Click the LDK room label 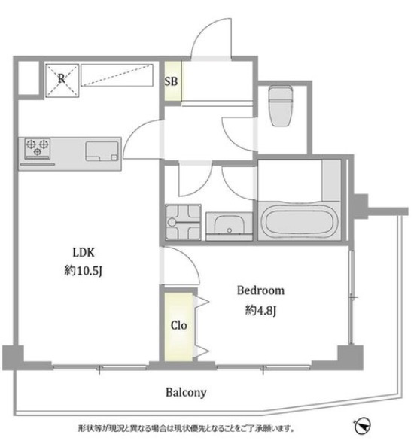pyautogui.click(x=84, y=252)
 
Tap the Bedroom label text pyautogui.click(x=260, y=290)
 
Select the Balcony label pyautogui.click(x=186, y=393)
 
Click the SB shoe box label pyautogui.click(x=171, y=81)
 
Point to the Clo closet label pyautogui.click(x=178, y=325)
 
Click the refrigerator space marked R pyautogui.click(x=62, y=81)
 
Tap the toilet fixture pyautogui.click(x=281, y=105)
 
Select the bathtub pyautogui.click(x=300, y=221)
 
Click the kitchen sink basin pyautogui.click(x=102, y=151)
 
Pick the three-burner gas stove pyautogui.click(x=38, y=148)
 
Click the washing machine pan pyautogui.click(x=184, y=222)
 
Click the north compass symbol pyautogui.click(x=362, y=425)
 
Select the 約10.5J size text pyautogui.click(x=83, y=271)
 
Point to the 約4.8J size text pyautogui.click(x=260, y=311)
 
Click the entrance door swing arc pyautogui.click(x=211, y=37)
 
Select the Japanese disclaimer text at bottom pyautogui.click(x=187, y=428)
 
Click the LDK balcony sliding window pyautogui.click(x=99, y=367)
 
